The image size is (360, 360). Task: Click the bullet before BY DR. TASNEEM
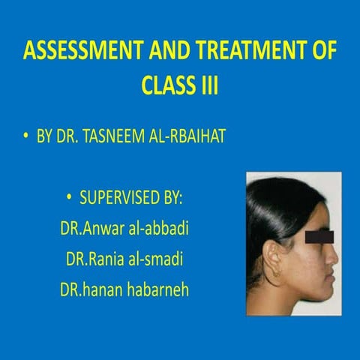point(27,138)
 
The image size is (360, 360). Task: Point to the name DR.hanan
point(89,289)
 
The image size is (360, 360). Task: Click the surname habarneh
point(154,289)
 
